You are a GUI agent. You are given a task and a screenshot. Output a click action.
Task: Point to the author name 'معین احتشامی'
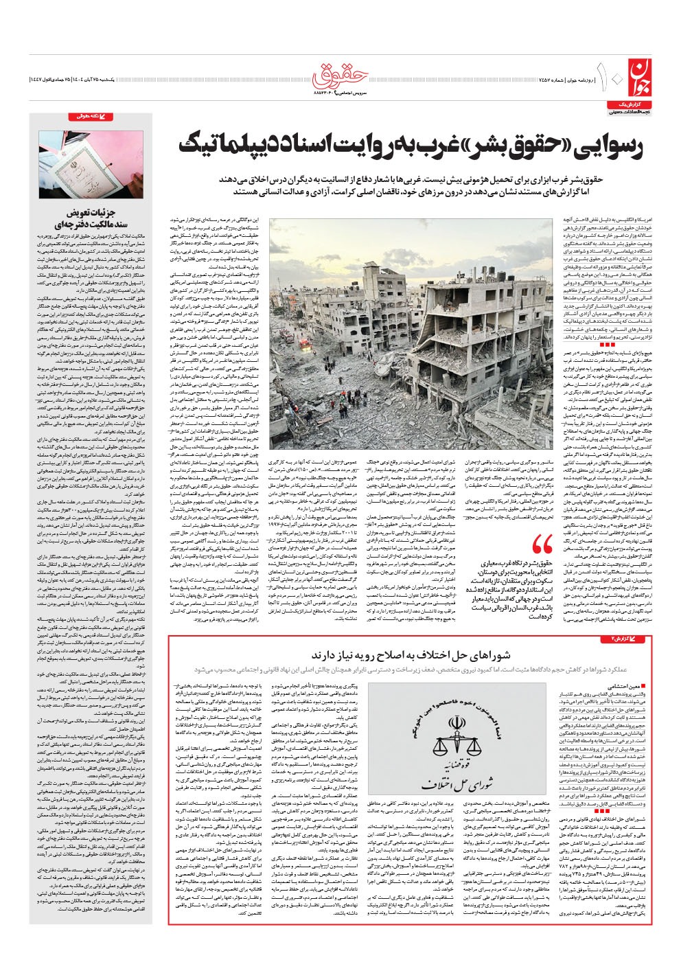(624, 686)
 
